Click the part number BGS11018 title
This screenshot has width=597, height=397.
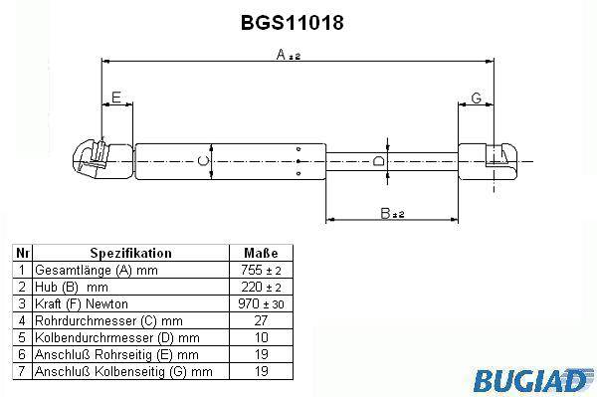coord(293,23)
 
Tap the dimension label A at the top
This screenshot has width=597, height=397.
coord(281,55)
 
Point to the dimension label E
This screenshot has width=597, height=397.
coord(116,98)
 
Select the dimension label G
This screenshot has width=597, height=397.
coord(477,98)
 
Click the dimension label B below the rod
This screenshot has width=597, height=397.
coord(386,213)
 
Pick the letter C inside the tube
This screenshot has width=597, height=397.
coord(204,161)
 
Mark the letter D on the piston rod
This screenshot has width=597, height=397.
coord(378,161)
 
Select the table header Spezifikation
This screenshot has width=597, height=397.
coord(130,253)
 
